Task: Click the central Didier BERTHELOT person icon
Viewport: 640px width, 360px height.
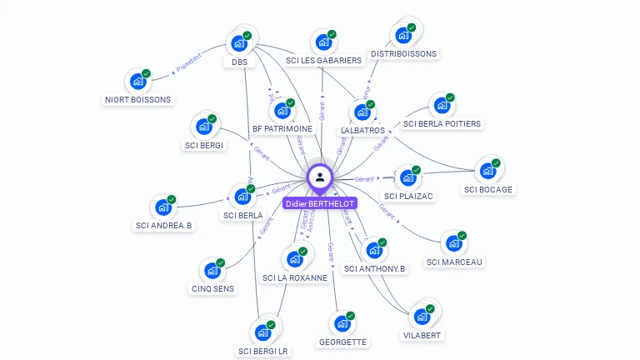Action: (x=320, y=177)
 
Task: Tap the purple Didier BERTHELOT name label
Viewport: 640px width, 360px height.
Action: (x=320, y=203)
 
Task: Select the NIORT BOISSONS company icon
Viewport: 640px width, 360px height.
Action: (x=137, y=82)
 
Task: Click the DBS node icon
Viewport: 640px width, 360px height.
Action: (x=239, y=43)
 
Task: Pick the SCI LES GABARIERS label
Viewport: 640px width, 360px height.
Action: (x=323, y=61)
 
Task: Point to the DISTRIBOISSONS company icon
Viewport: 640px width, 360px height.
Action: (x=404, y=35)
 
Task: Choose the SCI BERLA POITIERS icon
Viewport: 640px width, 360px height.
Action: (x=442, y=106)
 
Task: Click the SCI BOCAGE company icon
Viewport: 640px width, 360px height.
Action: (x=487, y=171)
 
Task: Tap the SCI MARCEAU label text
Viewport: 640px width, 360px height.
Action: (x=455, y=262)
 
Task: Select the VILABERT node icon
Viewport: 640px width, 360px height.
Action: (x=422, y=316)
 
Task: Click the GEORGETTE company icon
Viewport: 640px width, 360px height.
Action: (x=342, y=323)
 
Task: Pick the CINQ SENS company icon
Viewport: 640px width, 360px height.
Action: (x=212, y=271)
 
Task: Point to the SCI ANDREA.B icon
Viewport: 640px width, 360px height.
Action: (x=163, y=207)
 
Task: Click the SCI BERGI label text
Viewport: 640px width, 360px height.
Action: (x=204, y=146)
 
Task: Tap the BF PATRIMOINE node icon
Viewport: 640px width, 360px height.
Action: (x=283, y=110)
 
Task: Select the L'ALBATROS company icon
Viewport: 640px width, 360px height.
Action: (x=362, y=112)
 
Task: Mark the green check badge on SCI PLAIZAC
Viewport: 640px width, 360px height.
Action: (x=416, y=170)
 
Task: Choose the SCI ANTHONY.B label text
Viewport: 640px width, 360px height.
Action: (x=375, y=269)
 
